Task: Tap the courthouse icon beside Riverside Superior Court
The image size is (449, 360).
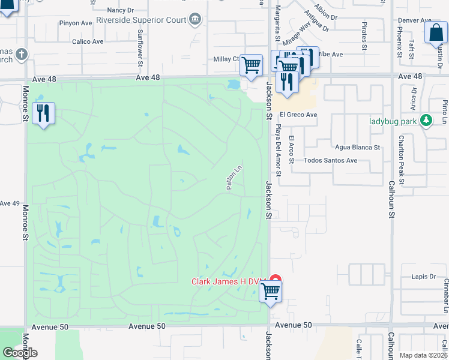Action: [x=196, y=20]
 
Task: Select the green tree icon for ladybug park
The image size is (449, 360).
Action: [x=427, y=121]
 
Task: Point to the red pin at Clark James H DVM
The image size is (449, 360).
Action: [x=275, y=280]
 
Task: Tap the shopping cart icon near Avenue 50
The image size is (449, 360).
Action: [x=271, y=292]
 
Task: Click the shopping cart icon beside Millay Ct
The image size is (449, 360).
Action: [x=252, y=64]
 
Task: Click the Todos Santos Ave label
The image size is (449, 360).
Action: [x=330, y=161]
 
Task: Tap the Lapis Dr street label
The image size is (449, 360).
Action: [x=424, y=277]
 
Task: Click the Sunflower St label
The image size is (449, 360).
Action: [x=140, y=48]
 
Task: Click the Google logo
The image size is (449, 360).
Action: [x=20, y=353]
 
